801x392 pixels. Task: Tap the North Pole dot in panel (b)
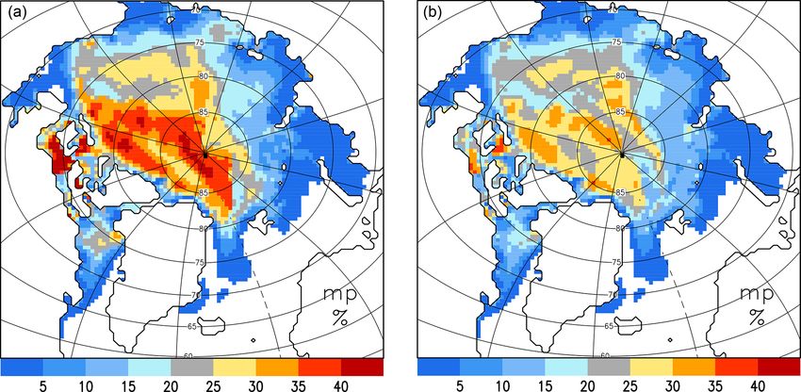click(x=622, y=154)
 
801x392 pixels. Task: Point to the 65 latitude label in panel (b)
click(x=610, y=325)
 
